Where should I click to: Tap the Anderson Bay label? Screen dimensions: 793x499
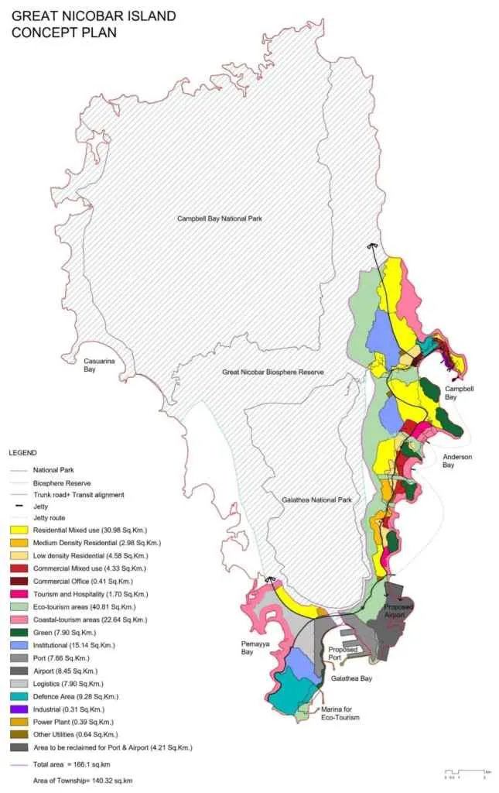(457, 461)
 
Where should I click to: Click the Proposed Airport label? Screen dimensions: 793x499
(399, 612)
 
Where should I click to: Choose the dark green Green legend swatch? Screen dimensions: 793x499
(19, 632)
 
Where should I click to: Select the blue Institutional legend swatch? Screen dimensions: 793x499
(19, 645)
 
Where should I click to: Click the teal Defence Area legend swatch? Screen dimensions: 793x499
(19, 695)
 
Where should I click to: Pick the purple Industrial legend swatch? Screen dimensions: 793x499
(19, 709)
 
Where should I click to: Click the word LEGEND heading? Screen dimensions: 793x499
(23, 452)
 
